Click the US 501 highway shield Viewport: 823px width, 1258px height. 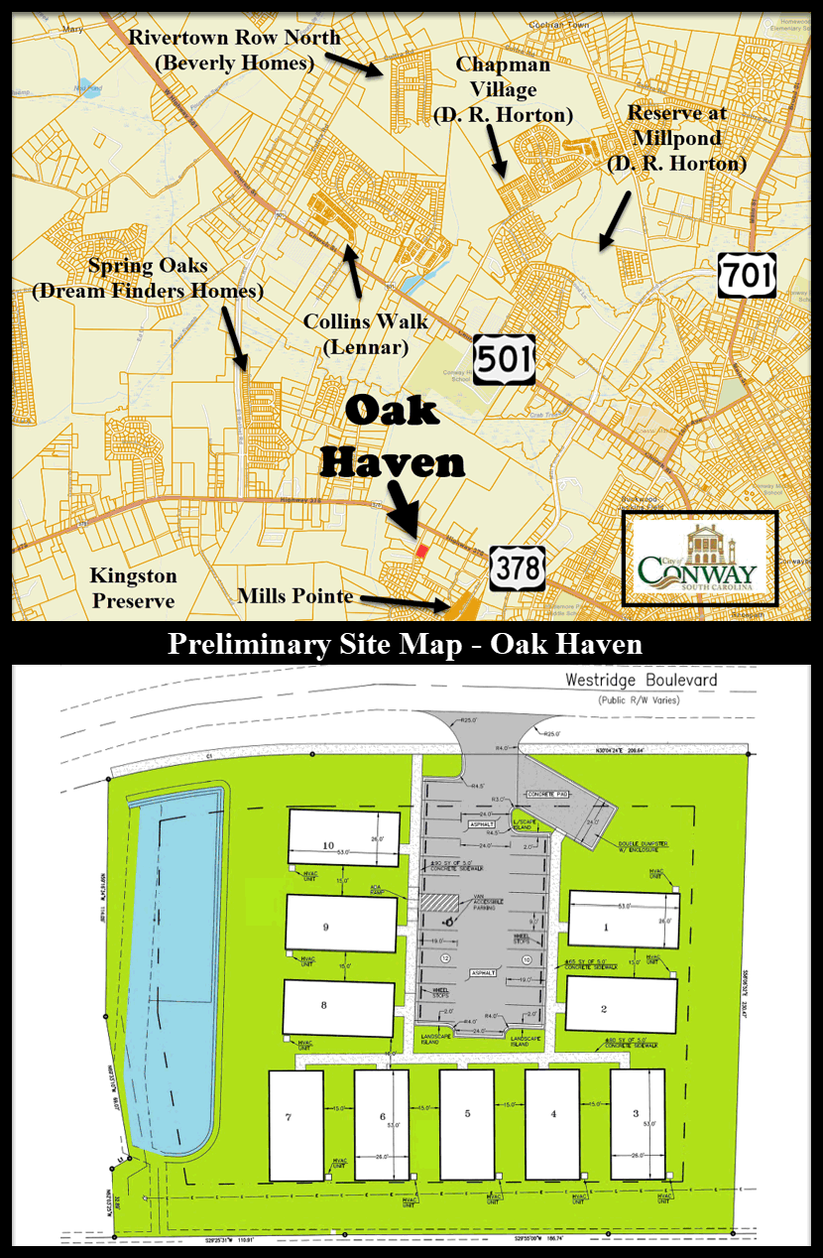tap(504, 358)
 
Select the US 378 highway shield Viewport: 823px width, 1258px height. tap(517, 568)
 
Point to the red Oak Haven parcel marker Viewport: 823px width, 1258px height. tap(421, 550)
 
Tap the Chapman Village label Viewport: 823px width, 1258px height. tap(503, 89)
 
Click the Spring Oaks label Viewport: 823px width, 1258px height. tap(147, 279)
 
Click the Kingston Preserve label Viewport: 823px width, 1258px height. tap(133, 588)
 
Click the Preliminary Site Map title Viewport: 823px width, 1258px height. tap(405, 645)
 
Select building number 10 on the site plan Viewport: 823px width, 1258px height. tap(343, 838)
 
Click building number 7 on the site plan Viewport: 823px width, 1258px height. tap(295, 1125)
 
